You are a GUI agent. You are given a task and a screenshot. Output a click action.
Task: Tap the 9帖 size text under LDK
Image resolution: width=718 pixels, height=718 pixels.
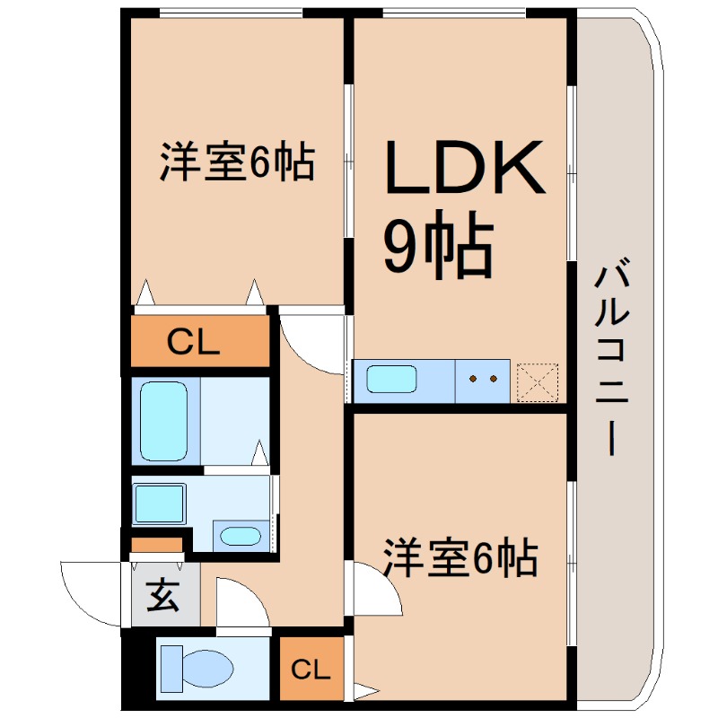tap(438, 245)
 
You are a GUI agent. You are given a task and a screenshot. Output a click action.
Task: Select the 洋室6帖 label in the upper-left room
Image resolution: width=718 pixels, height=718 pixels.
tap(237, 162)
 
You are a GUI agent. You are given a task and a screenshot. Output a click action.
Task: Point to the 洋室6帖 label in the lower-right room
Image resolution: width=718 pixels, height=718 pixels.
tap(460, 557)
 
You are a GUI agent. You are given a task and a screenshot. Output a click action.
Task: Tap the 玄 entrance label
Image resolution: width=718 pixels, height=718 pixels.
tap(162, 595)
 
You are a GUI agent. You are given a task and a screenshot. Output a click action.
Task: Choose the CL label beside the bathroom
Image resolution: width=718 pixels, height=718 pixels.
tap(193, 342)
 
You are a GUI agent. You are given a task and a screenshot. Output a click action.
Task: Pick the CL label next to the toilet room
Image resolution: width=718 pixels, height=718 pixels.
tap(311, 670)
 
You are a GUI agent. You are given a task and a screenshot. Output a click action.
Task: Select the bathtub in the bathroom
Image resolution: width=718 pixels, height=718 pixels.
tap(164, 421)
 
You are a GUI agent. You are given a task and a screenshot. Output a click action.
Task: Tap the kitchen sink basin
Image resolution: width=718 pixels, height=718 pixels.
tap(391, 379)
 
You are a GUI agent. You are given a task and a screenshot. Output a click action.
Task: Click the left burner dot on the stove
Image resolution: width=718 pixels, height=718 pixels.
tap(473, 379)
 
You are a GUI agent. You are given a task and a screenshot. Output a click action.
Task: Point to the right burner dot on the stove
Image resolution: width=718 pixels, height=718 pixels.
tap(493, 379)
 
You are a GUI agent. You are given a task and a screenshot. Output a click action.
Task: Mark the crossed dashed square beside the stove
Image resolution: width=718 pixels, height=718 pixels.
tap(538, 382)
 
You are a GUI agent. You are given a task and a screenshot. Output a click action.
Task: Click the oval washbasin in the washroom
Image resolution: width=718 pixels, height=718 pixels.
tap(241, 536)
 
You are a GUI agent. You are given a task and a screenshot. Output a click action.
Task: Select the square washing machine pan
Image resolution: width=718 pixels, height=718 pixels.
tap(160, 503)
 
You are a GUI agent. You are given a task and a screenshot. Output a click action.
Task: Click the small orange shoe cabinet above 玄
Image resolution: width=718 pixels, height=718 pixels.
tap(157, 545)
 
